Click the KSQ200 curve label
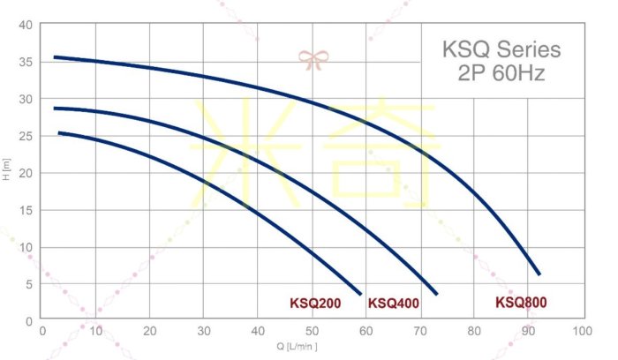[315, 304]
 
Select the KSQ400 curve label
[393, 304]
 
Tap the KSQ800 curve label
[521, 303]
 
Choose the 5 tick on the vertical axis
[29, 284]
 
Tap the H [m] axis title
[7, 171]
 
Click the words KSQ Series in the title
[501, 49]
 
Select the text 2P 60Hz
[501, 73]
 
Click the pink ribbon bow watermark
[313, 60]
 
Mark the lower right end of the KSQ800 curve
[539, 274]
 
